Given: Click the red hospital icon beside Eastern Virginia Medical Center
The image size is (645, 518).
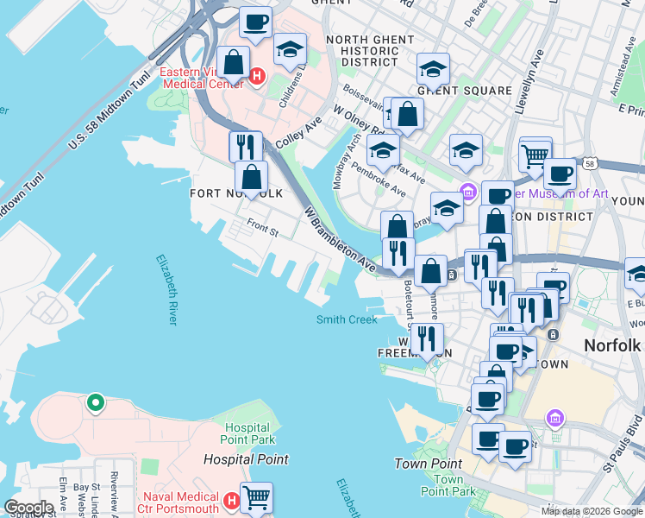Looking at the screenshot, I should [256, 78].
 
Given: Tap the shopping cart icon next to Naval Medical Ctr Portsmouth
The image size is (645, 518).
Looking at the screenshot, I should [256, 497].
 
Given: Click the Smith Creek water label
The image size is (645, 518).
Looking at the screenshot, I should [347, 320].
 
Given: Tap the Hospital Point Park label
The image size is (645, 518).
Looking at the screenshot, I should [249, 434].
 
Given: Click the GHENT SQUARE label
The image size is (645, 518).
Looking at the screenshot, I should [464, 91].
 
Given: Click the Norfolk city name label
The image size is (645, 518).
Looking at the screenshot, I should [612, 345].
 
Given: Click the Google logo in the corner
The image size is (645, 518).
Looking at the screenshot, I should [28, 508].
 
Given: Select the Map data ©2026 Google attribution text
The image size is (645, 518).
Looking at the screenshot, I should [591, 511].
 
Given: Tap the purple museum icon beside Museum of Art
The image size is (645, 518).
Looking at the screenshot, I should [468, 192].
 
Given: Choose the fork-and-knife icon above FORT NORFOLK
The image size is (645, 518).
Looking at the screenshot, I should [246, 146].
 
